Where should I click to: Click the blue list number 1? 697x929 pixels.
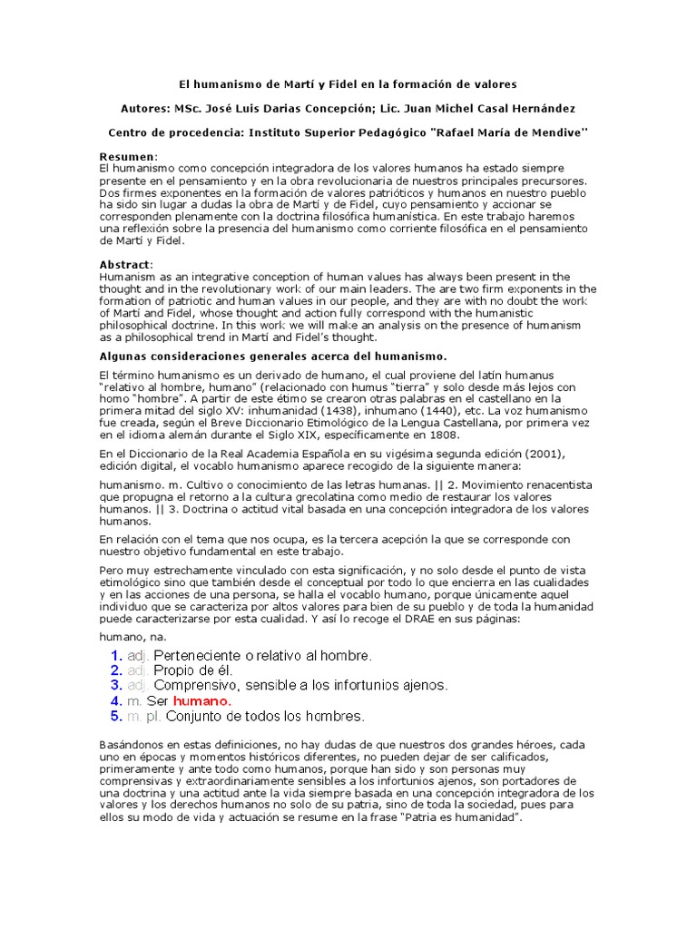click(x=116, y=655)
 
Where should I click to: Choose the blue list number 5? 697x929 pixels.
click(x=116, y=717)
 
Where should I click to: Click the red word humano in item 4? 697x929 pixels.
click(x=202, y=701)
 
